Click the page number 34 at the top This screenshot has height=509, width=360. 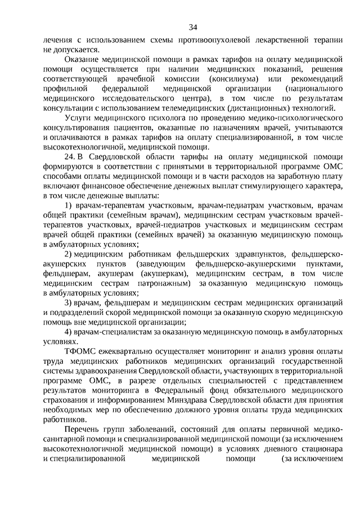coord(193,27)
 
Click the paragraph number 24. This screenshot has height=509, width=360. coord(70,158)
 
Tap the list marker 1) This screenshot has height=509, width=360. coord(68,206)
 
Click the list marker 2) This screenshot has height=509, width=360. coord(68,254)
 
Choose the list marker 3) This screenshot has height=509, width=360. coord(68,303)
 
